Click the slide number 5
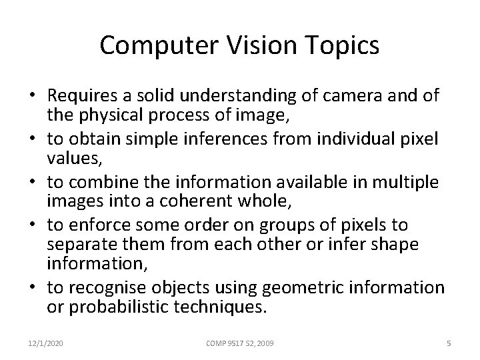coord(449,343)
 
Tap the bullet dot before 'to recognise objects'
coord(33,288)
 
